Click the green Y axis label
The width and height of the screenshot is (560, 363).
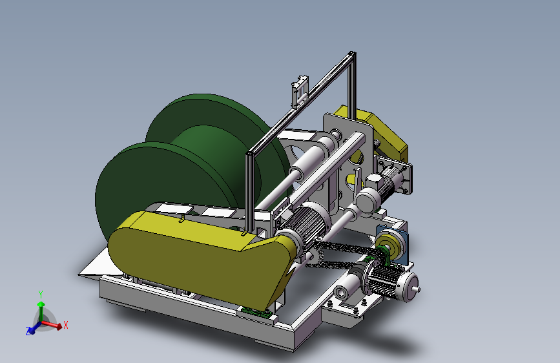(41, 295)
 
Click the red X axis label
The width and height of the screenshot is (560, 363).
(66, 325)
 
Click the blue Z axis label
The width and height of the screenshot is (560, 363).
(28, 331)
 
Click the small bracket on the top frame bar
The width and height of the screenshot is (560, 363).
(299, 92)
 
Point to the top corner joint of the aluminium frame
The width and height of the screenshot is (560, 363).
(352, 54)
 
